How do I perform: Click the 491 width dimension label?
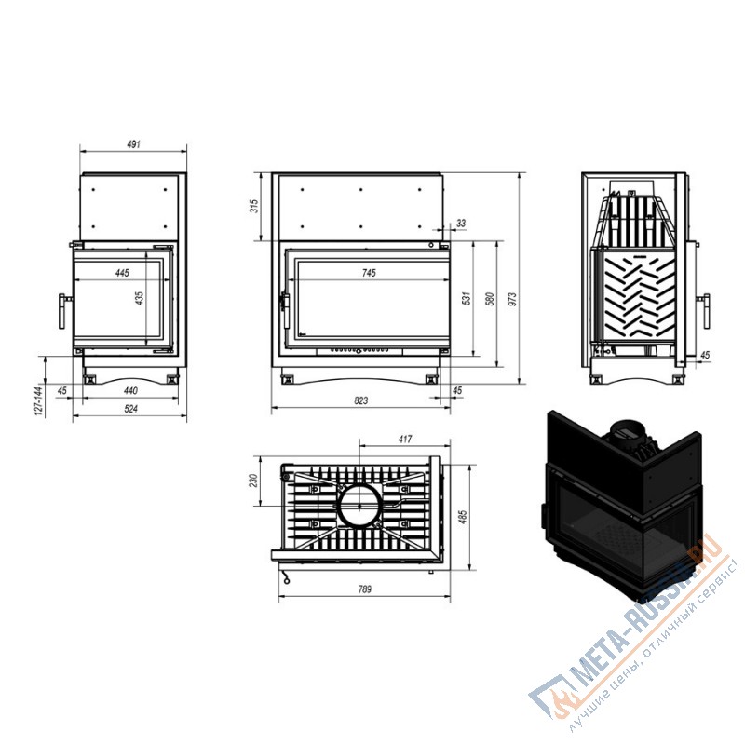click(133, 143)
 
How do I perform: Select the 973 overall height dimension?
click(512, 299)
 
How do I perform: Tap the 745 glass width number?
click(369, 273)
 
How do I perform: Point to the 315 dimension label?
click(254, 206)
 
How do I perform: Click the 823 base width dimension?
click(361, 400)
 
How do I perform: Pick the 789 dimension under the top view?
click(364, 589)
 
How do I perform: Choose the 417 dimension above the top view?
click(405, 439)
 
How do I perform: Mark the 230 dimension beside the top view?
click(254, 481)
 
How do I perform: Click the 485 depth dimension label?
click(464, 517)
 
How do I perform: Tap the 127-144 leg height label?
click(38, 400)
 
